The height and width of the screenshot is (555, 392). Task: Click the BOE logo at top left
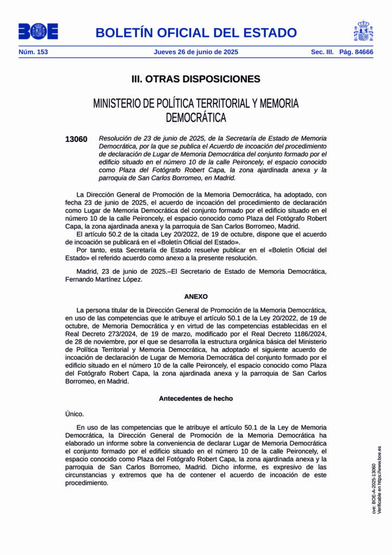click(x=38, y=31)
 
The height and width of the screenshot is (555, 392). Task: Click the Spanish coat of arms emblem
click(x=363, y=31)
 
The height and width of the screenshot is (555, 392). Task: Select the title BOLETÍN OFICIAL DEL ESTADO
click(x=196, y=33)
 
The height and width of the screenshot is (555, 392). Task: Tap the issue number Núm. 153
click(x=33, y=52)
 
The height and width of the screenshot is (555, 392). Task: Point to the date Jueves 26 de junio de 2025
click(x=196, y=52)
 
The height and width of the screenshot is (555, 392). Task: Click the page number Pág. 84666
click(x=356, y=52)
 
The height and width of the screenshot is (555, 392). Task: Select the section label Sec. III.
click(x=322, y=52)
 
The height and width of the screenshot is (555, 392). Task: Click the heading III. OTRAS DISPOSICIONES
click(x=196, y=79)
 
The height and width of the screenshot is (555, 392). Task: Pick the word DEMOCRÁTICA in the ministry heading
click(x=196, y=117)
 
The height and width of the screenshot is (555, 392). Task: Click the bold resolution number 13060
click(x=76, y=139)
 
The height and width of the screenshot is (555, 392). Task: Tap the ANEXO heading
click(x=196, y=296)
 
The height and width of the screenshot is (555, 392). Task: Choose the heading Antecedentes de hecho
click(x=196, y=398)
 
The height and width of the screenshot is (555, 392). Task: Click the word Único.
click(x=75, y=414)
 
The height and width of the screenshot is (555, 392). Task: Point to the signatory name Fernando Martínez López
click(x=104, y=279)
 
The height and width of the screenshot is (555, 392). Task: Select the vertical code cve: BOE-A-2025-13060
click(x=374, y=488)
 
